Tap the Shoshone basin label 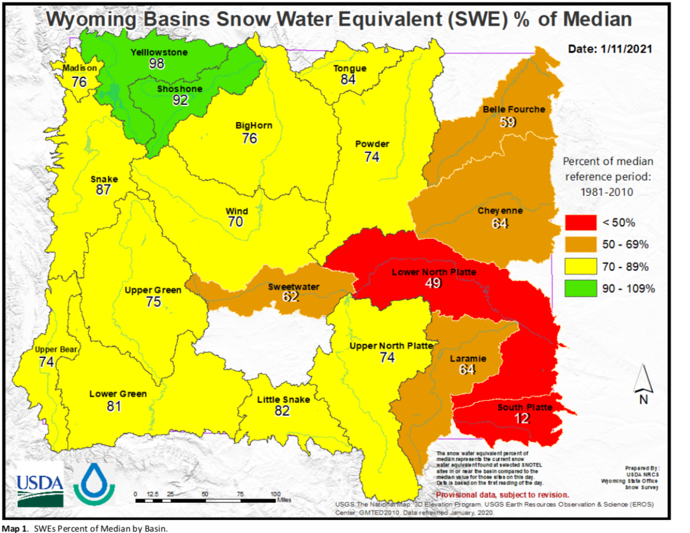(179, 88)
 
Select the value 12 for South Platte (522, 418)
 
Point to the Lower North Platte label (433, 271)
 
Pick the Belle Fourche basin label (513, 109)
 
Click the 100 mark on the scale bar (275, 494)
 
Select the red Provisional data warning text (502, 494)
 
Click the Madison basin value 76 (79, 82)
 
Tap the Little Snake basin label (283, 399)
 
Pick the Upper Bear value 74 (47, 362)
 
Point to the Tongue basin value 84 (348, 79)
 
